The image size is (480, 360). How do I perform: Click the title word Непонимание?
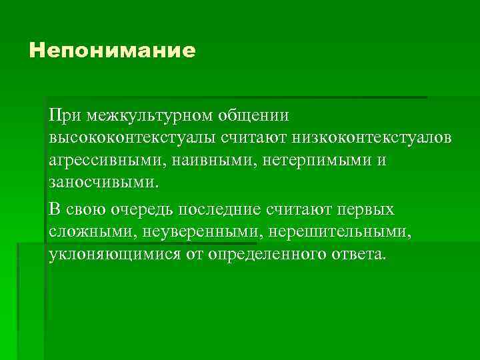click(x=113, y=51)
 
